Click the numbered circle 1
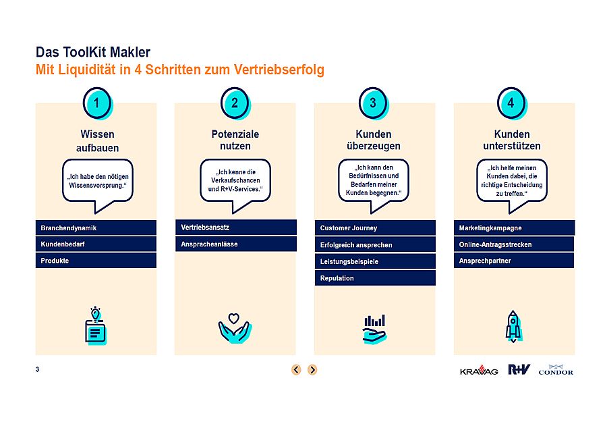point(96,103)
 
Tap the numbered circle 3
point(373,103)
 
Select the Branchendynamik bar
point(96,228)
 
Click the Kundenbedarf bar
point(96,244)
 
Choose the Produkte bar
point(96,261)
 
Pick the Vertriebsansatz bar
point(236,228)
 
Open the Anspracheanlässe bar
point(236,244)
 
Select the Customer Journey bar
point(375,228)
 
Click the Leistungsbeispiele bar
point(375,261)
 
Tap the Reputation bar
point(375,278)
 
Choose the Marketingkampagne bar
point(514,228)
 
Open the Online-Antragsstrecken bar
point(514,244)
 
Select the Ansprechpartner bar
point(514,261)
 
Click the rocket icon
point(513,326)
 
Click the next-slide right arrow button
point(312,370)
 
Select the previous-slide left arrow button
point(296,370)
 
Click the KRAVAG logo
point(479,371)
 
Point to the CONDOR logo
point(556,370)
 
